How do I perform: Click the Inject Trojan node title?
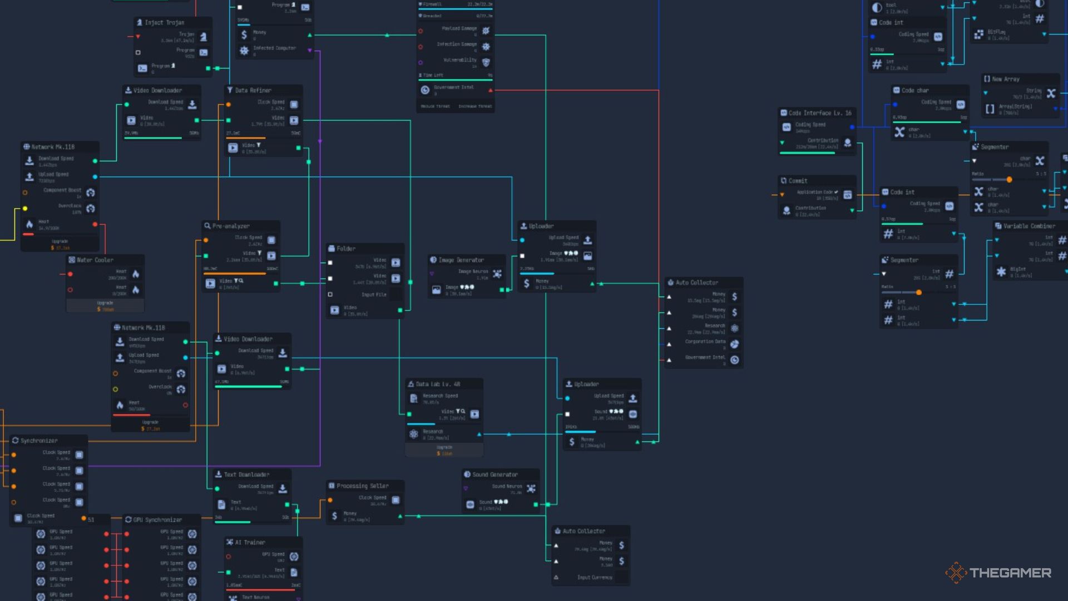point(164,23)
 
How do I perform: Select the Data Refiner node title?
point(253,90)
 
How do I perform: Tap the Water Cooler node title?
point(95,260)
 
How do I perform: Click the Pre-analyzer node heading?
point(231,226)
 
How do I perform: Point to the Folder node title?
point(345,249)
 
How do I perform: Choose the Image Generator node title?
point(461,260)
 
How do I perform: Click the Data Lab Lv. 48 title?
point(438,384)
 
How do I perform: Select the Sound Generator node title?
point(495,475)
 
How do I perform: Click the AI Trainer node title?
point(250,542)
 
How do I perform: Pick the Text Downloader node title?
point(246,475)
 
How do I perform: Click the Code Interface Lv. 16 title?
point(820,113)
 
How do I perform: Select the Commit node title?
point(798,181)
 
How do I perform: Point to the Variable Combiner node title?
point(1029,226)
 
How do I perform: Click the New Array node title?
point(1006,79)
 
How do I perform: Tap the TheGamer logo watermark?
point(998,573)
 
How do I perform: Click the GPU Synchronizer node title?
point(157,520)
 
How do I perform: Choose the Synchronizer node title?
point(39,441)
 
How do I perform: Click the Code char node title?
point(914,90)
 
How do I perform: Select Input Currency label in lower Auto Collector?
point(595,578)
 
